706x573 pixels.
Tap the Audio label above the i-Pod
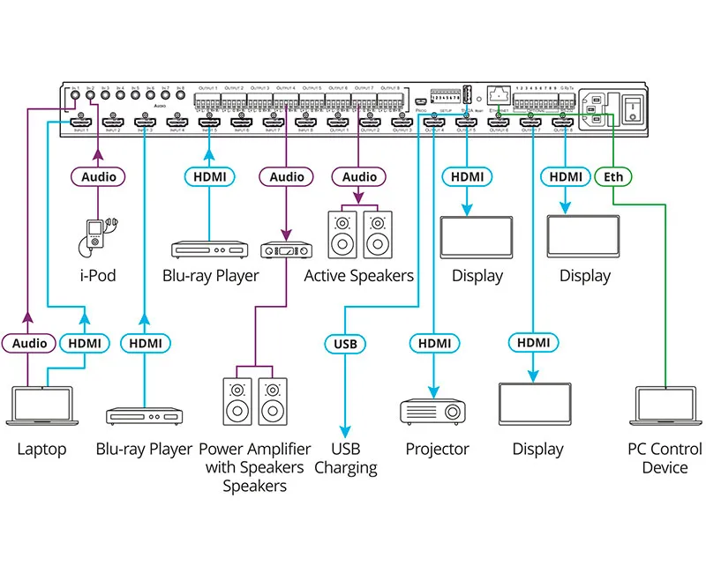[x=98, y=176]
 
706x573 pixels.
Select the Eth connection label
[x=613, y=176]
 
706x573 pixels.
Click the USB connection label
[x=345, y=343]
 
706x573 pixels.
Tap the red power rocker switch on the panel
[x=633, y=108]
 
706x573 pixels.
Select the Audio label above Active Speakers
[x=359, y=176]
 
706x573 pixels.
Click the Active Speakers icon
[x=358, y=232]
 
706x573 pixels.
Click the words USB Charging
[x=345, y=458]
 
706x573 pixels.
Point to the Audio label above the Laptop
[x=29, y=343]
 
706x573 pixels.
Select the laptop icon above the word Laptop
[x=41, y=405]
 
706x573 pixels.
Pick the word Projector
[x=437, y=450]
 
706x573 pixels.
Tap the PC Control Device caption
[x=665, y=458]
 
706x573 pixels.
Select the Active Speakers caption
[x=358, y=275]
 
